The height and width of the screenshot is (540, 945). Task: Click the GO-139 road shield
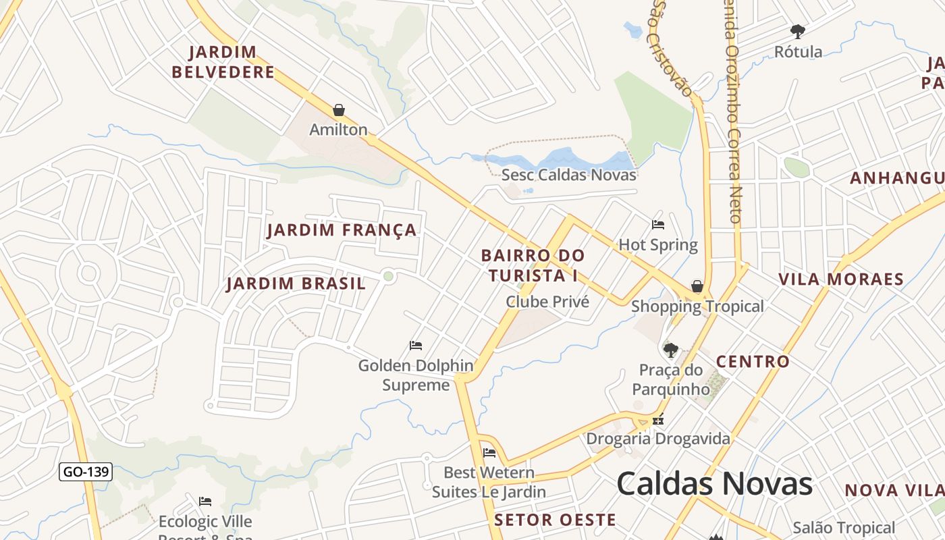86,472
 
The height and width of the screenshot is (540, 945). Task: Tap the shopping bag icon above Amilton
339,110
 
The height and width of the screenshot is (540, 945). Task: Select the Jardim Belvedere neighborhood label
223,62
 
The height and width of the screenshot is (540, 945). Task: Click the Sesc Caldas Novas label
568,175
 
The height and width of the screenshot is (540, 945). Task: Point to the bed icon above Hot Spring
658,224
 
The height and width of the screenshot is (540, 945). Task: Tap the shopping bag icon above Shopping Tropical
697,287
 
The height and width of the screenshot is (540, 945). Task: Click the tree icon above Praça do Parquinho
670,350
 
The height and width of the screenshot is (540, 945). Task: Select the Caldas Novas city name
714,484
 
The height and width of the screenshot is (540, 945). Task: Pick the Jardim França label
342,230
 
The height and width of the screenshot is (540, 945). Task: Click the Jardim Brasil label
296,283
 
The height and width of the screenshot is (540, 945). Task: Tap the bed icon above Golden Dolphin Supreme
416,346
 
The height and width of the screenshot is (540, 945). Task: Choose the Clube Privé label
547,302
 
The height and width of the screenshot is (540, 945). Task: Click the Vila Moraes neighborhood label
841,279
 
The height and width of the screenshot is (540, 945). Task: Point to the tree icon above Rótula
798,31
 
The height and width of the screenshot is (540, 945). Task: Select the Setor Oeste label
555,520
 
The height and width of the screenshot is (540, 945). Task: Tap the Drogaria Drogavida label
658,439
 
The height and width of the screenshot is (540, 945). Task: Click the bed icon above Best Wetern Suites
489,452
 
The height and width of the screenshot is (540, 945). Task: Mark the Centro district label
753,362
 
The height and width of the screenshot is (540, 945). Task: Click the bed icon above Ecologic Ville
205,501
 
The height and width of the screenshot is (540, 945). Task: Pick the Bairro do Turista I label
533,265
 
